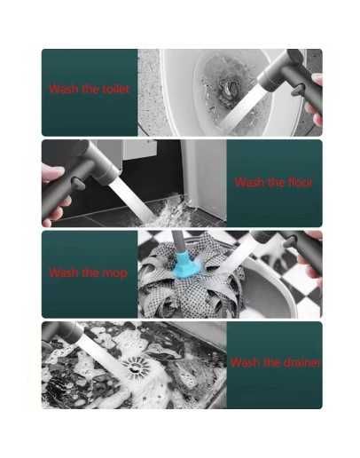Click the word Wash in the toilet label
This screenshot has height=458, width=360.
click(64, 89)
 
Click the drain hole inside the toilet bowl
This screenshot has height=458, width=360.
click(228, 89)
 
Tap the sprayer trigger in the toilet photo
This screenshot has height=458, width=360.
click(299, 90)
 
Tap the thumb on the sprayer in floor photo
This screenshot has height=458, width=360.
click(53, 172)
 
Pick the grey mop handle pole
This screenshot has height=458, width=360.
click(178, 241)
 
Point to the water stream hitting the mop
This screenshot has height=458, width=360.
click(237, 254)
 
